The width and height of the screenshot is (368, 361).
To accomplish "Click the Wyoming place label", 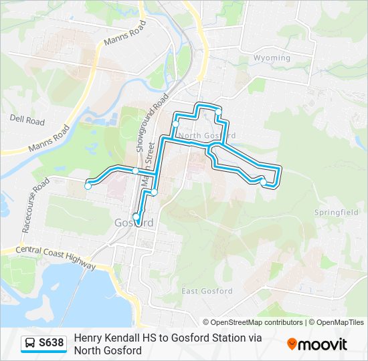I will pyautogui.click(x=272, y=58).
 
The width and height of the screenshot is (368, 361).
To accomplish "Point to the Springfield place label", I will pyautogui.click(x=336, y=212).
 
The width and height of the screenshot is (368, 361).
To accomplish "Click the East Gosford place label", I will pyautogui.click(x=207, y=291).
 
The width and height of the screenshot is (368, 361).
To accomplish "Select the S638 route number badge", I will pyautogui.click(x=51, y=344).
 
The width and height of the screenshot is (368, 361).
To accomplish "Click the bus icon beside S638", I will pyautogui.click(x=30, y=344).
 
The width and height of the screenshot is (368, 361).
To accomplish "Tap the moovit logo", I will pyautogui.click(x=317, y=344).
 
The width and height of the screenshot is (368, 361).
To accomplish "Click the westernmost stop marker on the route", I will pyautogui.click(x=88, y=187).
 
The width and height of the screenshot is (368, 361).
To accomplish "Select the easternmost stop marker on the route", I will pyautogui.click(x=264, y=182).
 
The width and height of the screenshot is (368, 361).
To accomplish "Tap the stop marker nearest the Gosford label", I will pyautogui.click(x=136, y=215).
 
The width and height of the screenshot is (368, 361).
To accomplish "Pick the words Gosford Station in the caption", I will pyautogui.click(x=201, y=338).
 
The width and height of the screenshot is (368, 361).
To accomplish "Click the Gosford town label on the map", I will pyautogui.click(x=134, y=223).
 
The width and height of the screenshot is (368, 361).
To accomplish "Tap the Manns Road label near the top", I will pyautogui.click(x=124, y=37).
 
